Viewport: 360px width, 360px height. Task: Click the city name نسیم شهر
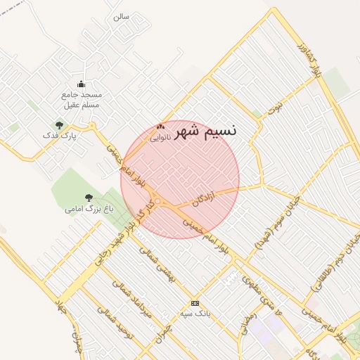point(205,130)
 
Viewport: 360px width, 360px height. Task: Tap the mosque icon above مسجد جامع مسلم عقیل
point(81,84)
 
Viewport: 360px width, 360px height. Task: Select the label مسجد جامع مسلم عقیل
point(81,99)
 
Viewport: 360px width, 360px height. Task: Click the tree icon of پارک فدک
point(59,125)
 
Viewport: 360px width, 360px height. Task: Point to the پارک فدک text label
point(58,135)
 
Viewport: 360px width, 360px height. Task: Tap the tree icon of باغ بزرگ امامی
point(89,198)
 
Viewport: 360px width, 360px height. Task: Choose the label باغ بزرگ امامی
point(89,209)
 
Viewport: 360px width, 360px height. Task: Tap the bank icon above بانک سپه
point(195,303)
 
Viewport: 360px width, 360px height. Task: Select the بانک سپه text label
point(195,313)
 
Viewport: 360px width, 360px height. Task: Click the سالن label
point(121,16)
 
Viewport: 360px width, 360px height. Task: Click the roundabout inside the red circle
point(160,202)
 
